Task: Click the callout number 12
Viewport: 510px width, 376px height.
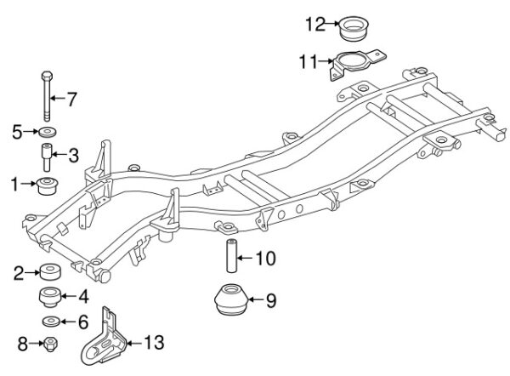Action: (315, 24)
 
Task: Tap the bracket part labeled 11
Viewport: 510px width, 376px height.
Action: (356, 64)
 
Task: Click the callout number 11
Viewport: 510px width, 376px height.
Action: (308, 61)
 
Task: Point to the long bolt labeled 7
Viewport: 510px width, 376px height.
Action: (47, 96)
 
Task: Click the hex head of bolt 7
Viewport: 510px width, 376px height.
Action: (47, 76)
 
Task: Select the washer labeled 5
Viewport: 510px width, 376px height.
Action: (48, 132)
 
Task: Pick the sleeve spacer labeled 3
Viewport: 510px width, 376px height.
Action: (47, 157)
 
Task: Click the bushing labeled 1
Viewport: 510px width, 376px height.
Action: (47, 186)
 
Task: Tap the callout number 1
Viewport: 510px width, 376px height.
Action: (14, 184)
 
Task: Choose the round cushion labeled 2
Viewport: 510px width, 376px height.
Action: (50, 271)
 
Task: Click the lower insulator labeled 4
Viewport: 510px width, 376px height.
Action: (50, 297)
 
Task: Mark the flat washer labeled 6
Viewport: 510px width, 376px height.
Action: (51, 322)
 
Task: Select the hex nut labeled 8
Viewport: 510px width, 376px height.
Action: (50, 344)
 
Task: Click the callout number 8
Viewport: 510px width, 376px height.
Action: (22, 344)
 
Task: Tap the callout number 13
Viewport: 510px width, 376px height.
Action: (154, 343)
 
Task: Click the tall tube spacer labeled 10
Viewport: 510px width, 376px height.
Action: (231, 256)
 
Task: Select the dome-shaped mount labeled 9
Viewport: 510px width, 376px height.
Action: (231, 299)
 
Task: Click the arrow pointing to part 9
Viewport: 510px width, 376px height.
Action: (257, 299)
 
